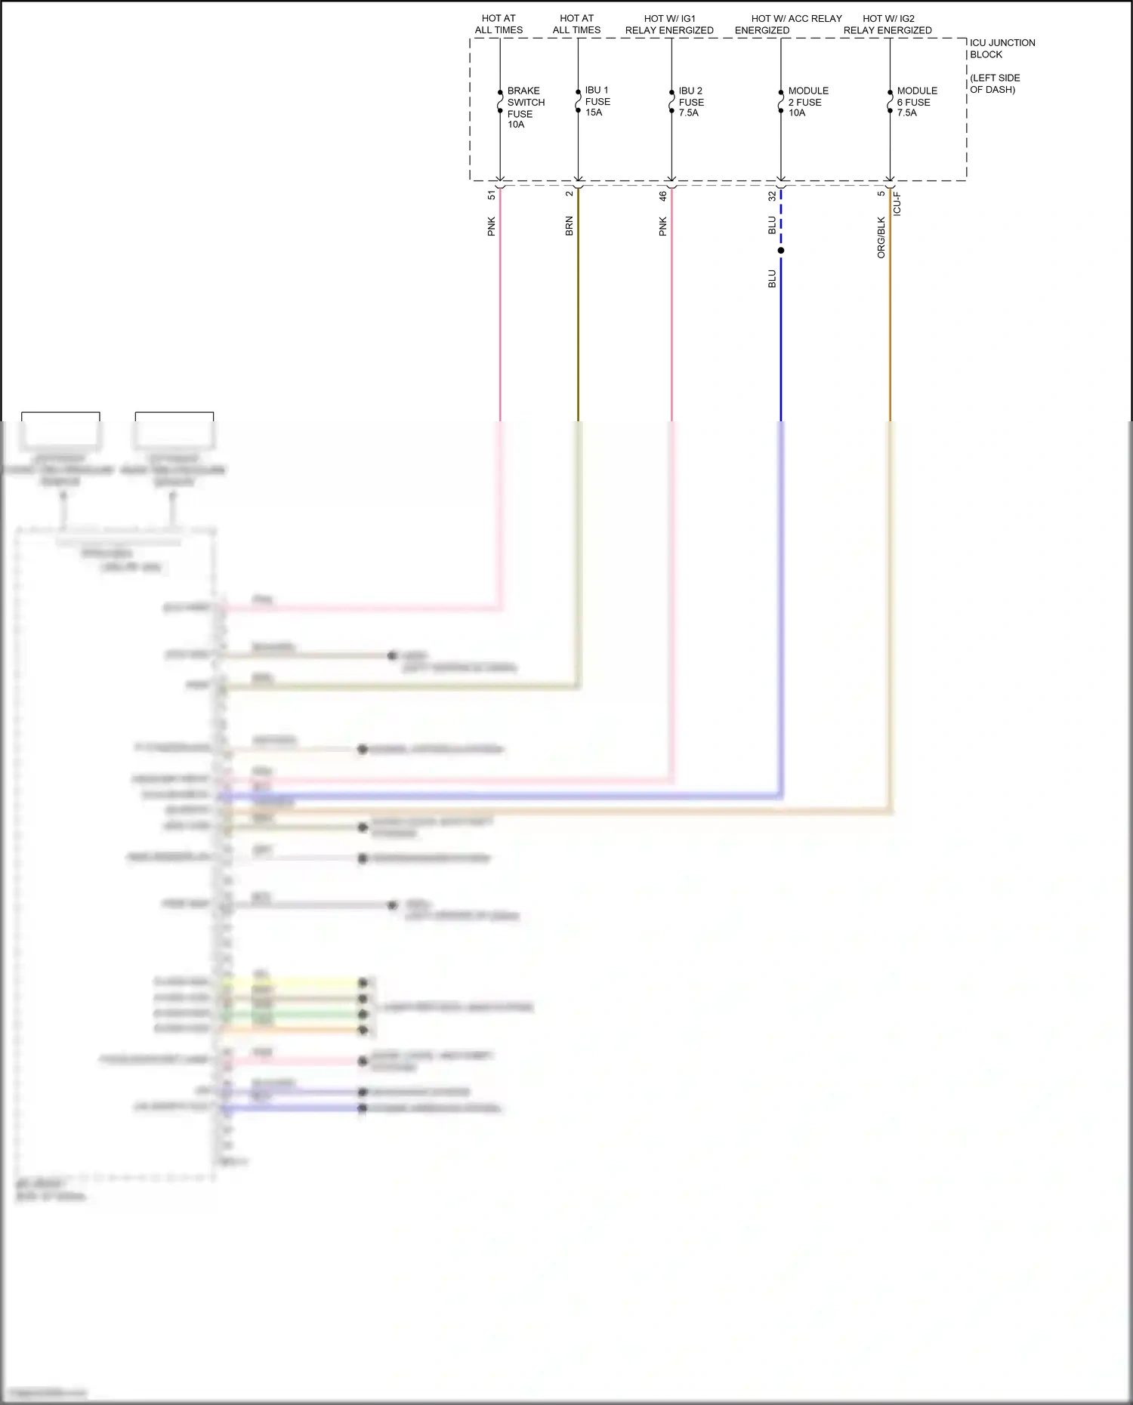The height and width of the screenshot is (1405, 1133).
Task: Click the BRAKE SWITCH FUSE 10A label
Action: [x=525, y=107]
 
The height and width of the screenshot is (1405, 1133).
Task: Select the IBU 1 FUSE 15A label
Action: [x=597, y=101]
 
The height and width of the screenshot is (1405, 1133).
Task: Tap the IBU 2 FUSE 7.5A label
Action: [x=690, y=101]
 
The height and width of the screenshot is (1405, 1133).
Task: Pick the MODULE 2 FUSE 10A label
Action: [x=807, y=101]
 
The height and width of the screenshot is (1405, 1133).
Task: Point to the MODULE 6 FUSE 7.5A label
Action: [x=916, y=101]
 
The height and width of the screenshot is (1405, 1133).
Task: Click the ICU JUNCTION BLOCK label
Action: [x=1002, y=48]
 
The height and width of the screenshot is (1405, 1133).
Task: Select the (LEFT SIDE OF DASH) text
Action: [x=994, y=84]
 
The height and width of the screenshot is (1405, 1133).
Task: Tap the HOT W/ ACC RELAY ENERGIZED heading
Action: [x=788, y=24]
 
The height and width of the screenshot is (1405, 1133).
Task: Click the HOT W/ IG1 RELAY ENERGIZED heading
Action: [x=669, y=24]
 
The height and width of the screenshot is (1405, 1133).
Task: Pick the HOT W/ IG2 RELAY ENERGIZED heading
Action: [x=888, y=24]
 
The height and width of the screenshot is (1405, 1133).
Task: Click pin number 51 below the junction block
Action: [x=492, y=195]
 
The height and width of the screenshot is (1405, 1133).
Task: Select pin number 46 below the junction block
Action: [x=662, y=196]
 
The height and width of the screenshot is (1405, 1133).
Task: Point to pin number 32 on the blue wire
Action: [x=772, y=196]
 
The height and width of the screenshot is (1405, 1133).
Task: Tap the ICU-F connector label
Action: [x=897, y=204]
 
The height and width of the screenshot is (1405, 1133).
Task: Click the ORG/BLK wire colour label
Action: [x=881, y=238]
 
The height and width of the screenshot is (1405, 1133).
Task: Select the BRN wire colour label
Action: [x=570, y=226]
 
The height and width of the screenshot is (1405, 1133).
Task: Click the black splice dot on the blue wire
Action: [x=781, y=251]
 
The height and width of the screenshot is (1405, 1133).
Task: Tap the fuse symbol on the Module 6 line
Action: [x=890, y=102]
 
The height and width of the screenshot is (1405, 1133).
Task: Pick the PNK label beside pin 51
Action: [x=492, y=226]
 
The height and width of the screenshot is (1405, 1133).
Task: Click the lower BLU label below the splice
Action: [x=772, y=279]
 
